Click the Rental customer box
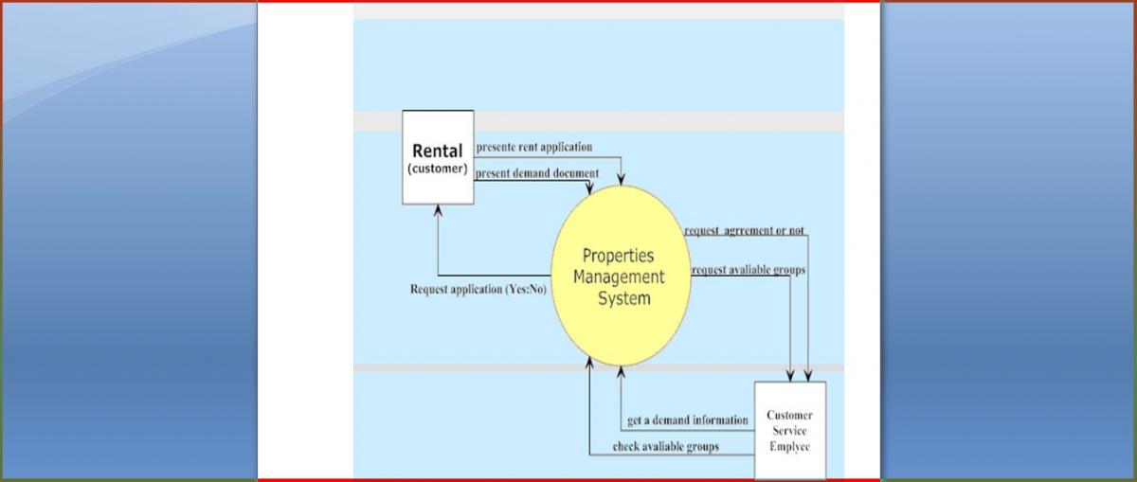(x=438, y=157)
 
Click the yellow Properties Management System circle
(x=622, y=276)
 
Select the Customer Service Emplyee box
(x=789, y=430)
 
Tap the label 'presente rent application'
(x=533, y=147)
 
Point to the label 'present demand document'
(x=536, y=173)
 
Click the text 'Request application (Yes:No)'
(x=478, y=290)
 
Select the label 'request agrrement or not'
(x=744, y=231)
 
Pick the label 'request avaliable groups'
(x=748, y=270)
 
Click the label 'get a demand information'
(x=687, y=420)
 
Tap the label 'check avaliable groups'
(x=665, y=446)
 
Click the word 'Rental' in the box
(x=438, y=151)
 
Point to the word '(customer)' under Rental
(x=438, y=169)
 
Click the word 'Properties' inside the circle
(x=618, y=256)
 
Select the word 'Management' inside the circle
(x=619, y=277)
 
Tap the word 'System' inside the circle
(x=623, y=299)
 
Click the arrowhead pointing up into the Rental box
(x=438, y=210)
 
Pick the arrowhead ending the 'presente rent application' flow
(x=623, y=180)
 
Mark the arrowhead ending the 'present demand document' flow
(x=589, y=190)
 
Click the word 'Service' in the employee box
(x=788, y=431)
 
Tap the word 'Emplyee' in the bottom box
(x=789, y=446)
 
